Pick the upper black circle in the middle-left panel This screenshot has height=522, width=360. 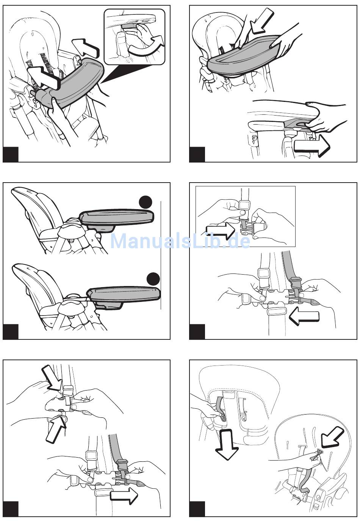[145, 202]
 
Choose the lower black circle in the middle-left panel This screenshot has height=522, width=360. [153, 279]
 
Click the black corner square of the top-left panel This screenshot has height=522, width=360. [11, 154]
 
